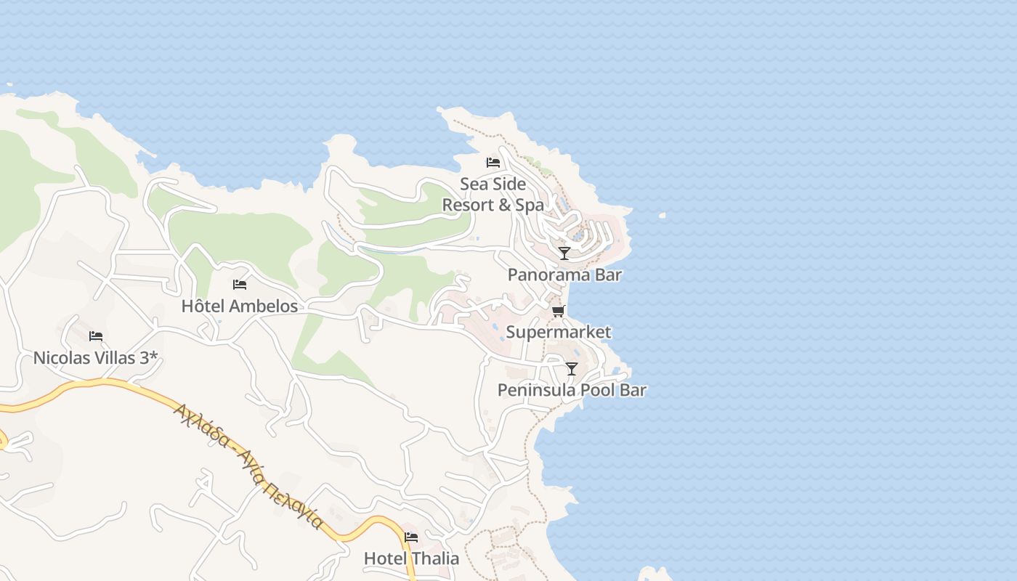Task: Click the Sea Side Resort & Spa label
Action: coord(493,195)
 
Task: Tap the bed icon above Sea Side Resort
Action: coord(493,163)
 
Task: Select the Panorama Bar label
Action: coord(564,275)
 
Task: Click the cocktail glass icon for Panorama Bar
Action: coord(564,253)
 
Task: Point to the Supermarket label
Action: coord(558,333)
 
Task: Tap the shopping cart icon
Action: coord(558,312)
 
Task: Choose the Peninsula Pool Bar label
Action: coord(572,390)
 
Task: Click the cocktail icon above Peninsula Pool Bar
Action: coord(572,369)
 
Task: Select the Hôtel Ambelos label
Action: coord(240,306)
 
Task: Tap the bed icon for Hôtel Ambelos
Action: coord(240,285)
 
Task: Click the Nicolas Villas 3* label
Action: coord(96,358)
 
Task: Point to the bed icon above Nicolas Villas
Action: coord(96,336)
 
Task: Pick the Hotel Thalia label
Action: coord(411,558)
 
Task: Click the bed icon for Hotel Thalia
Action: coord(411,537)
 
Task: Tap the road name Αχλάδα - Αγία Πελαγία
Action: coord(248,466)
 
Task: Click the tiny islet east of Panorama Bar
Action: coord(662,216)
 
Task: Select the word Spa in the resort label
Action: coord(530,206)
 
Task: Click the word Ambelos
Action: coord(264,306)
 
